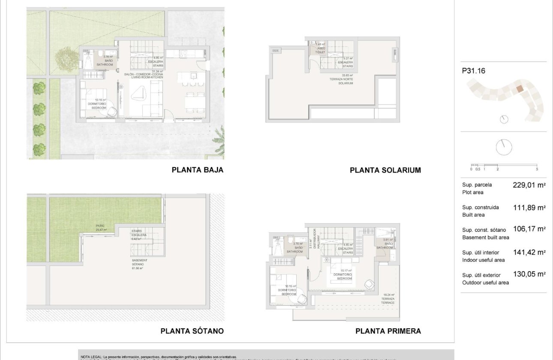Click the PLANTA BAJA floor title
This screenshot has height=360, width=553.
pos(197,170)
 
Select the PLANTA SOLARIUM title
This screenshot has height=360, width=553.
pos(385,170)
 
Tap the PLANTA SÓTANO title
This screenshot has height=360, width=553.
pos(192,331)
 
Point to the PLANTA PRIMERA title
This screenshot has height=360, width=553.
pos(388,331)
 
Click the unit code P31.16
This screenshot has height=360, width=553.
pos(473,71)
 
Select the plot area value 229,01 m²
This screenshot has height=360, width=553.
pos(529,186)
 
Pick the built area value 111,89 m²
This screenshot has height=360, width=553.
pos(529,208)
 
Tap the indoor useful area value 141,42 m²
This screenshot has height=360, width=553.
pos(529,253)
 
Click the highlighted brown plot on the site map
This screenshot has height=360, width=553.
pos(519,89)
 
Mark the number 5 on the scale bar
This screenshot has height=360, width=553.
pos(537,169)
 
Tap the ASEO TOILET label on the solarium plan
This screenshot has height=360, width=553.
pos(321,50)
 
